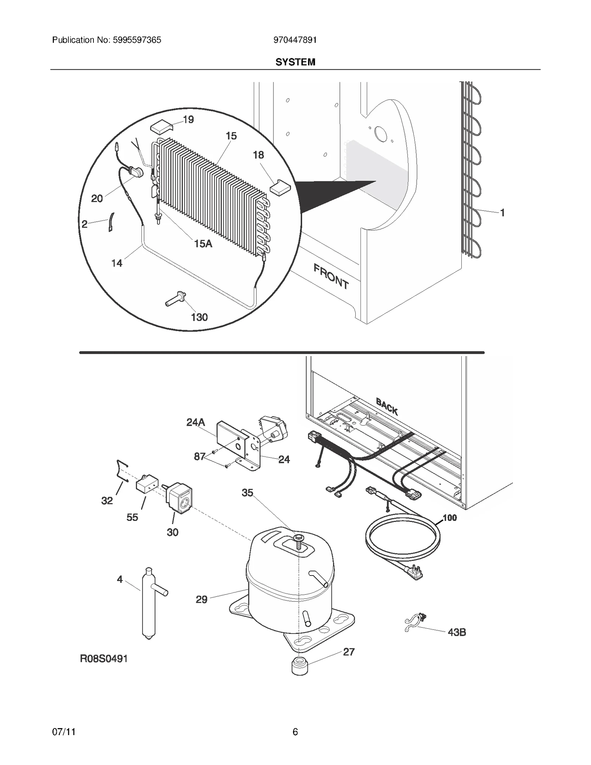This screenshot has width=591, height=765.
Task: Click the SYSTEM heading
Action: point(295,62)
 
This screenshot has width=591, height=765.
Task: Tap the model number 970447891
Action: point(295,40)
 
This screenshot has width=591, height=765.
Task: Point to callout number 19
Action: point(188,120)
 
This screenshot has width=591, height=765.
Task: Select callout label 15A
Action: point(203,243)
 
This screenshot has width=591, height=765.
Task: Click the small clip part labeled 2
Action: point(111,222)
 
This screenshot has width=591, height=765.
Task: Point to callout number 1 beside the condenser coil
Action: point(502,213)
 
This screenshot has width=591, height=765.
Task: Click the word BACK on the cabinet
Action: point(387,406)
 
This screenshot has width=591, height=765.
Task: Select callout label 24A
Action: point(196,422)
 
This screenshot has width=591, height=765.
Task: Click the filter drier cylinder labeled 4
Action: point(149,606)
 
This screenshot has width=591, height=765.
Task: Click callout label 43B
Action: point(457,632)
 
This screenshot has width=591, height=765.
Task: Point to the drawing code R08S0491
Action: point(104,659)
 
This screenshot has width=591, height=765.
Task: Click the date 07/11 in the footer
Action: point(64,732)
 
